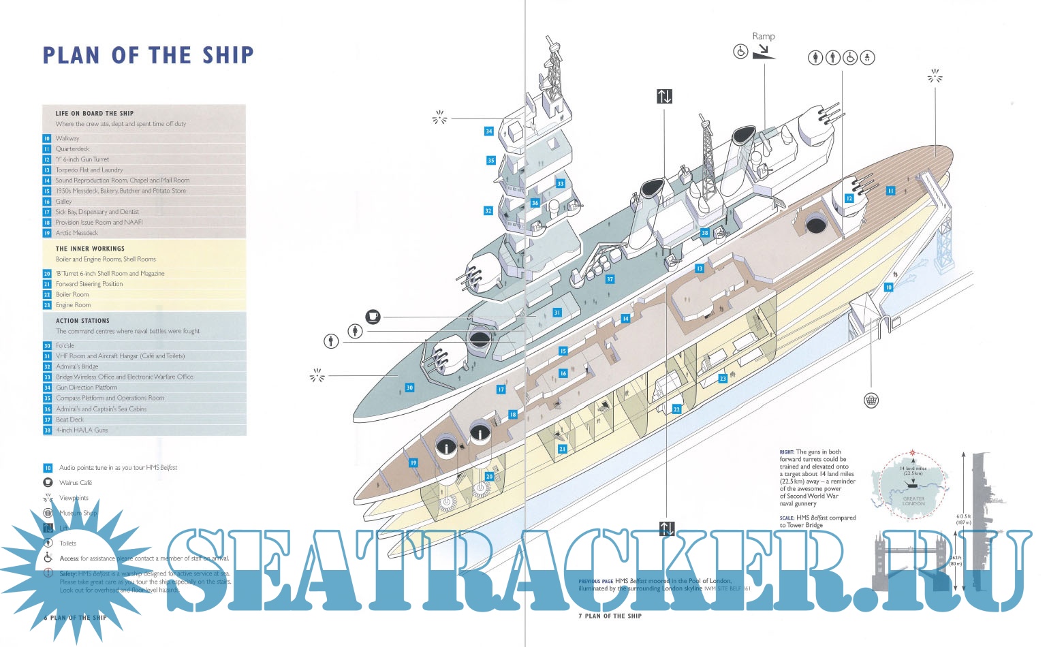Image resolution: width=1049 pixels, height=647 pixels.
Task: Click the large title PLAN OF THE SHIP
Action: pyautogui.click(x=148, y=55)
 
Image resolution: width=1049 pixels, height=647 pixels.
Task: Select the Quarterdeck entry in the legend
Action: pyautogui.click(x=72, y=148)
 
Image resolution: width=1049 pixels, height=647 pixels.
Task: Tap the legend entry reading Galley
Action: pyautogui.click(x=63, y=202)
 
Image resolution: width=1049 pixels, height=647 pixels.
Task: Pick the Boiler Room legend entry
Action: pyautogui.click(x=72, y=294)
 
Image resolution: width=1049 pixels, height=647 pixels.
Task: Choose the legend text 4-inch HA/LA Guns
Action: pyautogui.click(x=82, y=430)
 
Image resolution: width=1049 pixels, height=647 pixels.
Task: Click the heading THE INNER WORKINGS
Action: pyautogui.click(x=90, y=249)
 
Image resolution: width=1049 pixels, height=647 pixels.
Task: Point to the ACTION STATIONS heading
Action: pyautogui.click(x=82, y=320)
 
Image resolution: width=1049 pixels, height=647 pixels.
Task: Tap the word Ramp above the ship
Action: pyautogui.click(x=764, y=36)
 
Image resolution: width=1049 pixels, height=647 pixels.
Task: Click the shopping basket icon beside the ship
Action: pyautogui.click(x=871, y=400)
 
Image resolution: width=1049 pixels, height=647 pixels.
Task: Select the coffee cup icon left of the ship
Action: pyautogui.click(x=373, y=316)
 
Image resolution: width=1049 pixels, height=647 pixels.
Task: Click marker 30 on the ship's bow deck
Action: pyautogui.click(x=409, y=388)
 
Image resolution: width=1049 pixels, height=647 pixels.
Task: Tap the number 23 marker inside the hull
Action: pyautogui.click(x=723, y=379)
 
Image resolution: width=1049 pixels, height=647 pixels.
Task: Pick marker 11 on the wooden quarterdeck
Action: pyautogui.click(x=890, y=191)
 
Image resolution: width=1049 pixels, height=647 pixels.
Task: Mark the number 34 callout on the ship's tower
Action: pyautogui.click(x=488, y=131)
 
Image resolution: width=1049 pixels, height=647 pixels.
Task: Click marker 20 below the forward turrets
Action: pyautogui.click(x=489, y=477)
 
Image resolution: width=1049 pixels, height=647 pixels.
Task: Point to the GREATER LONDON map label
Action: pyautogui.click(x=913, y=501)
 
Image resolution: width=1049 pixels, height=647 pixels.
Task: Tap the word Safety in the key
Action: pyautogui.click(x=67, y=573)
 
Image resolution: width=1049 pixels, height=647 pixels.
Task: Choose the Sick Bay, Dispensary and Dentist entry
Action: pyautogui.click(x=97, y=212)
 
